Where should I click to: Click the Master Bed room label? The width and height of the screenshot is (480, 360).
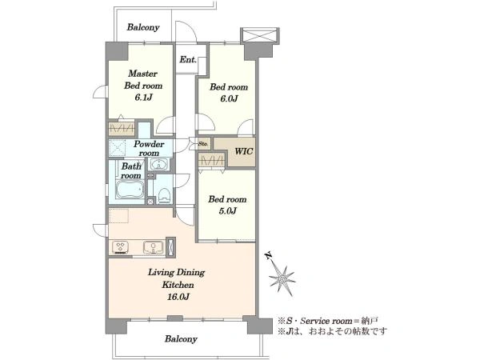coord(143,79)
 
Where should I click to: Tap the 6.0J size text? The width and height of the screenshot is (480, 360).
coord(229,99)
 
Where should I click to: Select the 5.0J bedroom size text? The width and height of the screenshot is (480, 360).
coord(227,211)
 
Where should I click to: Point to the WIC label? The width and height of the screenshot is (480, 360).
coord(244,151)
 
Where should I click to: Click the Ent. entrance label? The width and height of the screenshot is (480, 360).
coord(188,60)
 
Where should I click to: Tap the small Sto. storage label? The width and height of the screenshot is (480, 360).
coord(203,143)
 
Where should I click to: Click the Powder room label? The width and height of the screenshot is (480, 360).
coord(149,149)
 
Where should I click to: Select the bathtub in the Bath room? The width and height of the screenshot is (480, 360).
coord(130,189)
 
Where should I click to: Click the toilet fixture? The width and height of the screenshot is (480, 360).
coord(164,196)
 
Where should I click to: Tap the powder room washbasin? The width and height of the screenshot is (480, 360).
coord(158,164)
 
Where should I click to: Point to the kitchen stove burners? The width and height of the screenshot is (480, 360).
coord(120,247)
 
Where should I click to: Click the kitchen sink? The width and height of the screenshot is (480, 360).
coord(153,247)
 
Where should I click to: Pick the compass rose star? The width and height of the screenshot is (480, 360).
coord(282,279)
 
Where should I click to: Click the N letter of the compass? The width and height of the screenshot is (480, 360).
coord(269,256)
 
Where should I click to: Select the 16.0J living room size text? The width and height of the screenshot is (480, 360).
coord(178,297)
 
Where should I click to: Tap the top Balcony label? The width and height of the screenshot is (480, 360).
coord(143,27)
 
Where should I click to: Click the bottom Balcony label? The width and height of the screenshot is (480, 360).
coord(181,339)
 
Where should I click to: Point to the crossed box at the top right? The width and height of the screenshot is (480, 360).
coord(259,35)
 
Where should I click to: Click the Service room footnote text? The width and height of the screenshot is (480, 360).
coord(328,321)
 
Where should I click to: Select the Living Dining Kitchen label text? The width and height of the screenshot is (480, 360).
coord(177,278)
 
